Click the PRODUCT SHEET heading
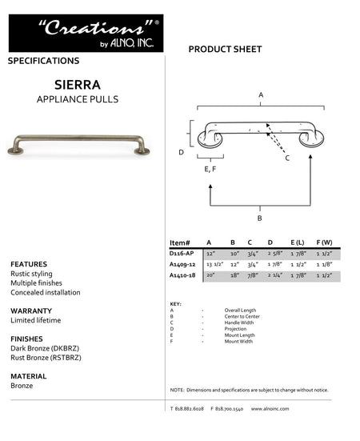pos(225,50)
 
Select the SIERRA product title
pos(77,83)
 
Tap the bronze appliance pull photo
pos(78,143)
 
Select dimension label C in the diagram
pos(287,158)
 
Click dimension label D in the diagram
pos(182,152)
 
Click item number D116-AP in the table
pos(182,253)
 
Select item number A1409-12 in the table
pos(183,264)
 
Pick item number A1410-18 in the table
pos(183,275)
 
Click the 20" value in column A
pos(210,275)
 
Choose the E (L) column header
pos(297,242)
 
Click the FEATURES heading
pos(29,264)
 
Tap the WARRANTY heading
pos(31,311)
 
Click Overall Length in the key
pos(239,309)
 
